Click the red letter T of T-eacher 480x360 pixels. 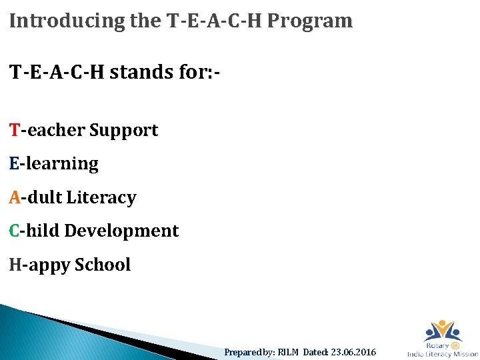[x=15, y=130]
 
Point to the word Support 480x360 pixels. [x=123, y=131]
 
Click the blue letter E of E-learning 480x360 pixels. [x=15, y=163]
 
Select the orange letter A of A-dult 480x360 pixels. [x=15, y=197]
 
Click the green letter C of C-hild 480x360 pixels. [x=15, y=231]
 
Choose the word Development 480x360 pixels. [x=121, y=231]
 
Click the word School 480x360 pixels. [x=103, y=265]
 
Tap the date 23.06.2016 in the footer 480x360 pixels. [x=353, y=352]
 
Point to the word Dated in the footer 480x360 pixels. [x=316, y=352]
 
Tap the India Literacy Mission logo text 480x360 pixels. [x=443, y=354]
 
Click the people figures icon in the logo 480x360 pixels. [x=443, y=331]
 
